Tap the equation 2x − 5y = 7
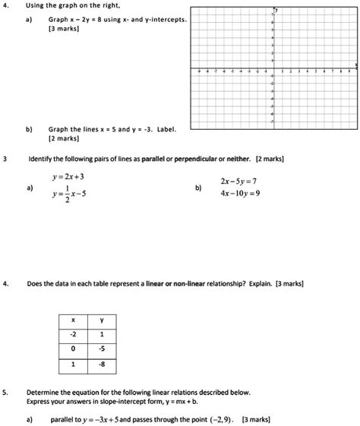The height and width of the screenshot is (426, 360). point(239,182)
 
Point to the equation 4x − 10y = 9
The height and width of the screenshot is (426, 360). point(239,194)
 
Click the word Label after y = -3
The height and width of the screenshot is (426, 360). point(165,129)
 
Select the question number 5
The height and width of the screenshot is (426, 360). point(6,393)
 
